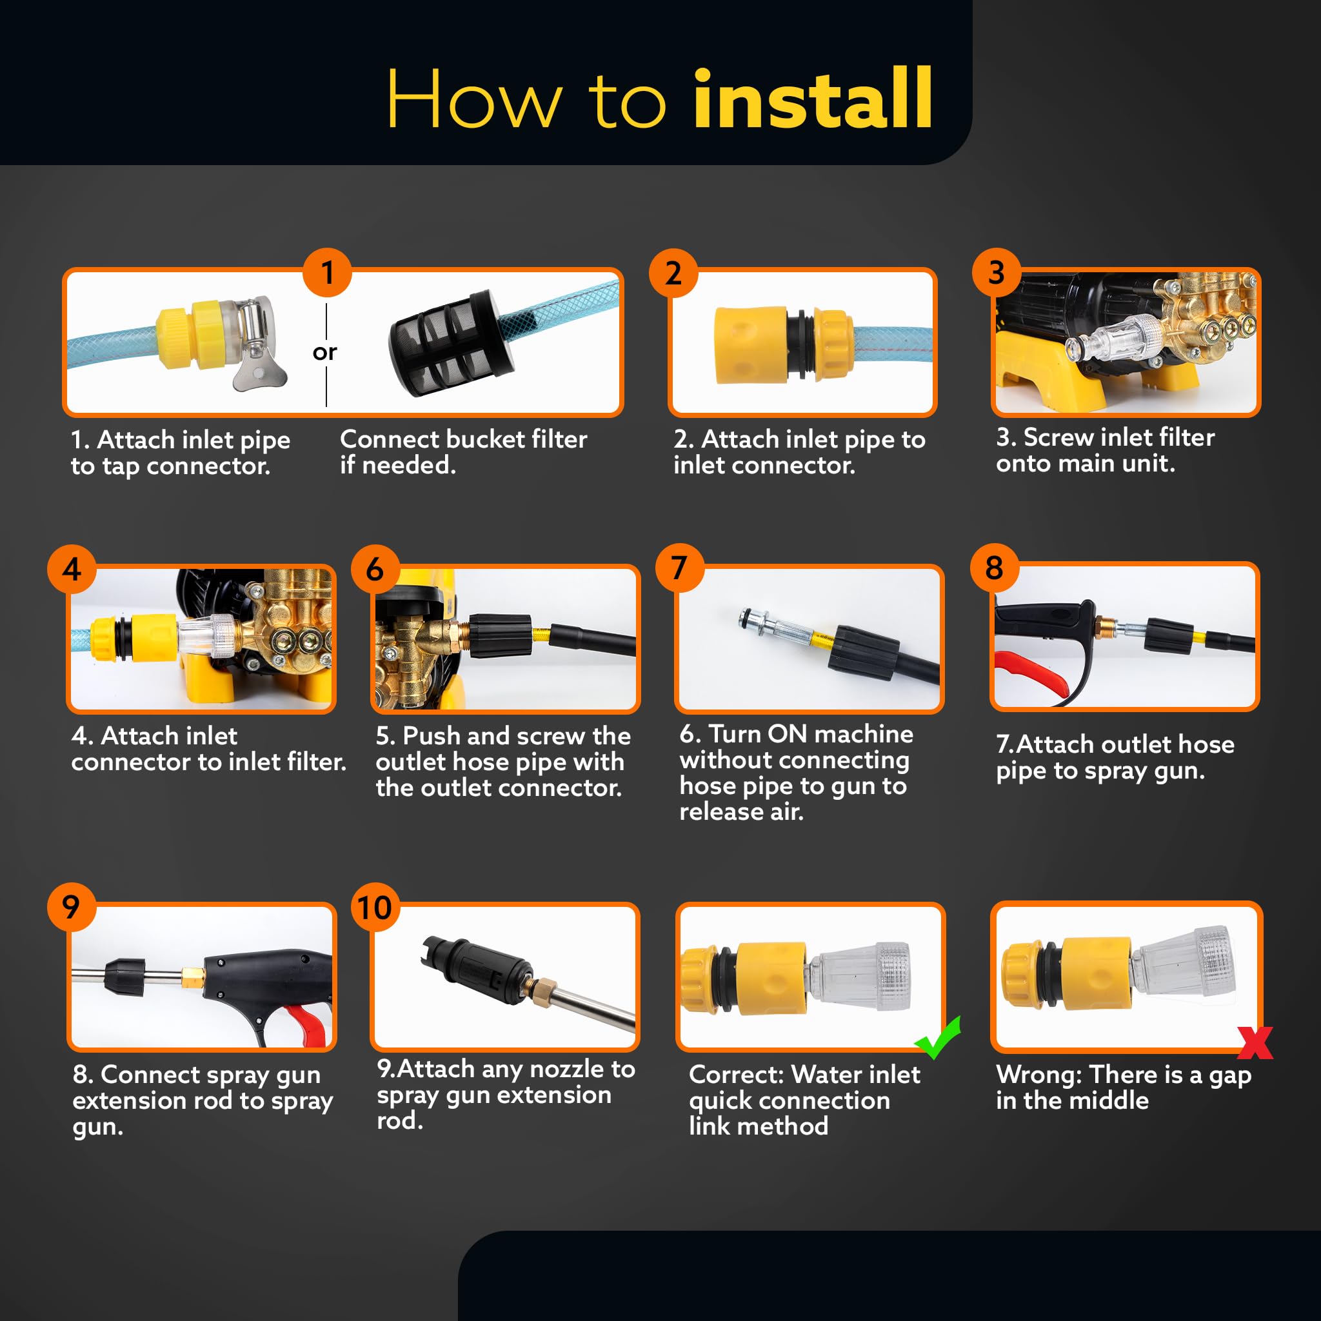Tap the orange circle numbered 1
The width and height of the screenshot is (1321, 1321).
pyautogui.click(x=328, y=272)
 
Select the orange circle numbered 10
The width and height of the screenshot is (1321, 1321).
pyautogui.click(x=375, y=908)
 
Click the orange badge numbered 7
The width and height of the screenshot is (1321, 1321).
pyautogui.click(x=680, y=568)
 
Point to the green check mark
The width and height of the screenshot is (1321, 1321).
pyautogui.click(x=938, y=1037)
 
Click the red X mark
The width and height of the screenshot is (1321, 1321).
pyautogui.click(x=1255, y=1043)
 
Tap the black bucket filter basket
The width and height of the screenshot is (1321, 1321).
pyautogui.click(x=452, y=343)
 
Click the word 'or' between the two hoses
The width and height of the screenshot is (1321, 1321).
pyautogui.click(x=325, y=352)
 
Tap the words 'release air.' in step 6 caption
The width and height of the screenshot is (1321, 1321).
pyautogui.click(x=741, y=811)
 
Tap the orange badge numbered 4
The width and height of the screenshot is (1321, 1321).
pyautogui.click(x=72, y=569)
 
